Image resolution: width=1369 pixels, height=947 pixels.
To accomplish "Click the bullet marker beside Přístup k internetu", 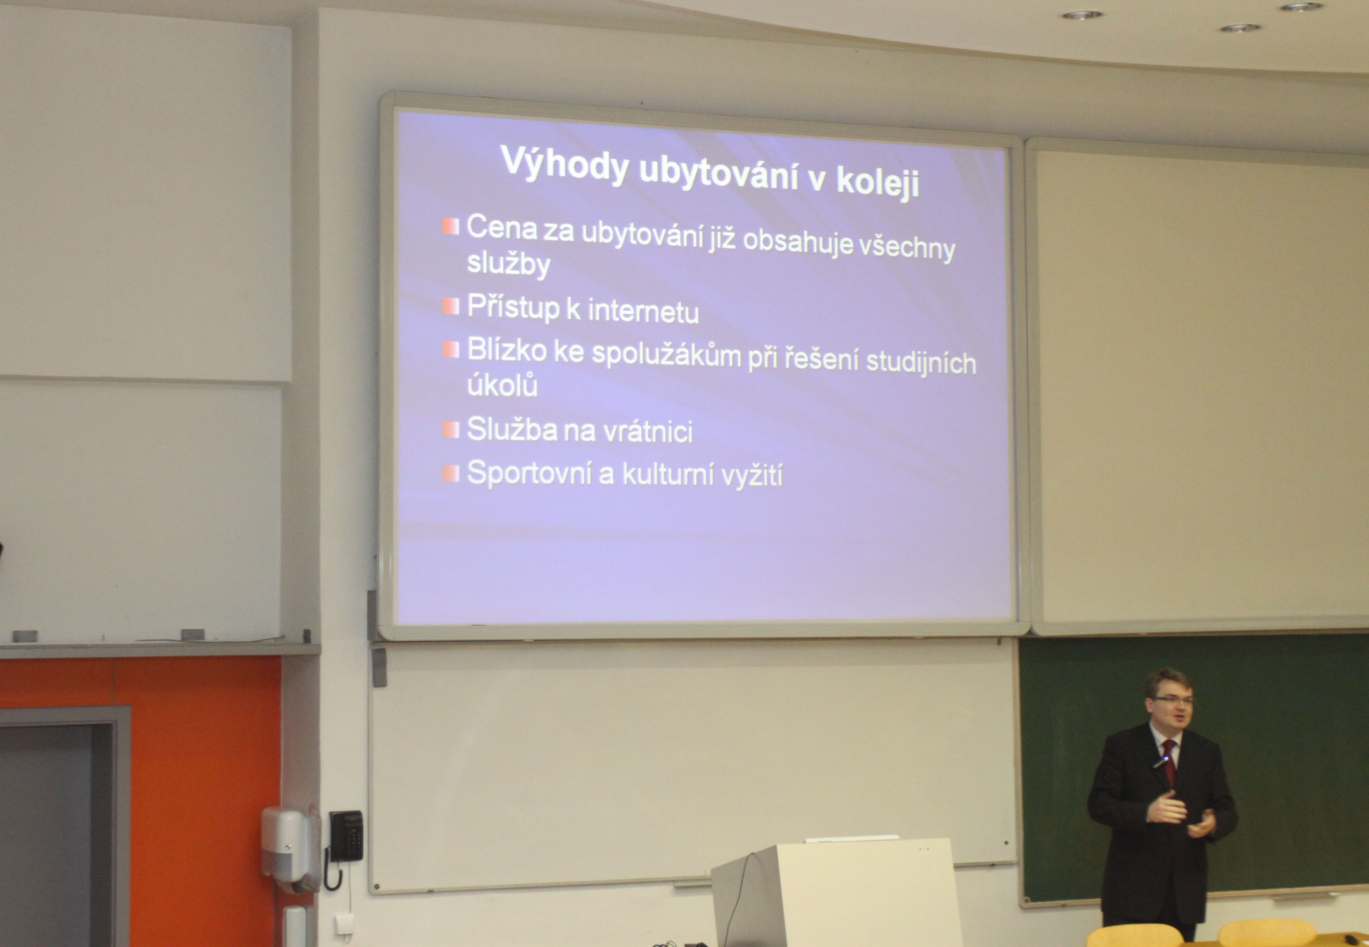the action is click(x=451, y=306).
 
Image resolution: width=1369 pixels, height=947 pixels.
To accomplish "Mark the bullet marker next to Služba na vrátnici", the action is click(x=451, y=430).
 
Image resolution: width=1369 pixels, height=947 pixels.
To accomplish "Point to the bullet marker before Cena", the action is click(x=451, y=226).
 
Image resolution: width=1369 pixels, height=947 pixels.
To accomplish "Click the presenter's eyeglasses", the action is click(x=1171, y=701).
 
